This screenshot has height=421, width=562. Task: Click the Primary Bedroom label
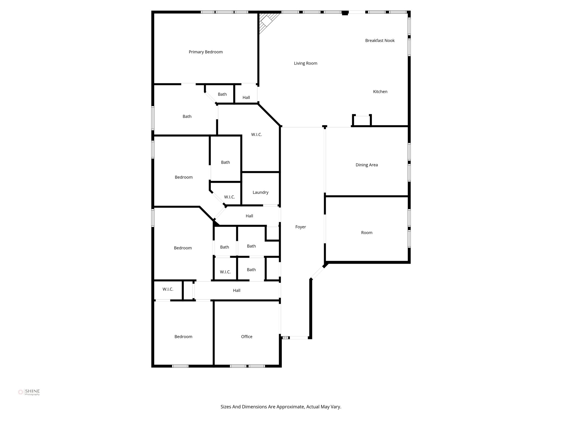(x=206, y=52)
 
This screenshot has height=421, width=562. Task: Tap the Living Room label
(x=305, y=63)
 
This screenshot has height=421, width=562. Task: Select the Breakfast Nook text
(x=380, y=41)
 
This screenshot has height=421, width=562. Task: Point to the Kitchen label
(x=380, y=92)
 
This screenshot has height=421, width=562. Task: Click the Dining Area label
(x=367, y=165)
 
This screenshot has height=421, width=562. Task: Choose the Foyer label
(x=300, y=227)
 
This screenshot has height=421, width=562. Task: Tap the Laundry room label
(x=260, y=192)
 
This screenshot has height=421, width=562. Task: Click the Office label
(x=247, y=337)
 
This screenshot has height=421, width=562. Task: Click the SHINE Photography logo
(x=29, y=392)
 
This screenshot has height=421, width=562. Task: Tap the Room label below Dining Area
(x=367, y=233)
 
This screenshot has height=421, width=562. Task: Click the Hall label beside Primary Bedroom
(x=246, y=97)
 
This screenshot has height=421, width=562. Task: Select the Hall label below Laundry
(x=249, y=216)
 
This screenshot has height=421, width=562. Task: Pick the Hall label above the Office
(x=237, y=290)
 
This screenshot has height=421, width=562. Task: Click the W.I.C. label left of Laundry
(x=229, y=197)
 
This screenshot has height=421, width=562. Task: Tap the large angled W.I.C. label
(x=257, y=135)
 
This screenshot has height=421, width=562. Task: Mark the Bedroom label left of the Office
(x=183, y=337)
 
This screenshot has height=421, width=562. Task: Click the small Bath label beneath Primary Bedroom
(x=222, y=94)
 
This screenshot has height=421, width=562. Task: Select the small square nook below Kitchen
(x=362, y=121)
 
